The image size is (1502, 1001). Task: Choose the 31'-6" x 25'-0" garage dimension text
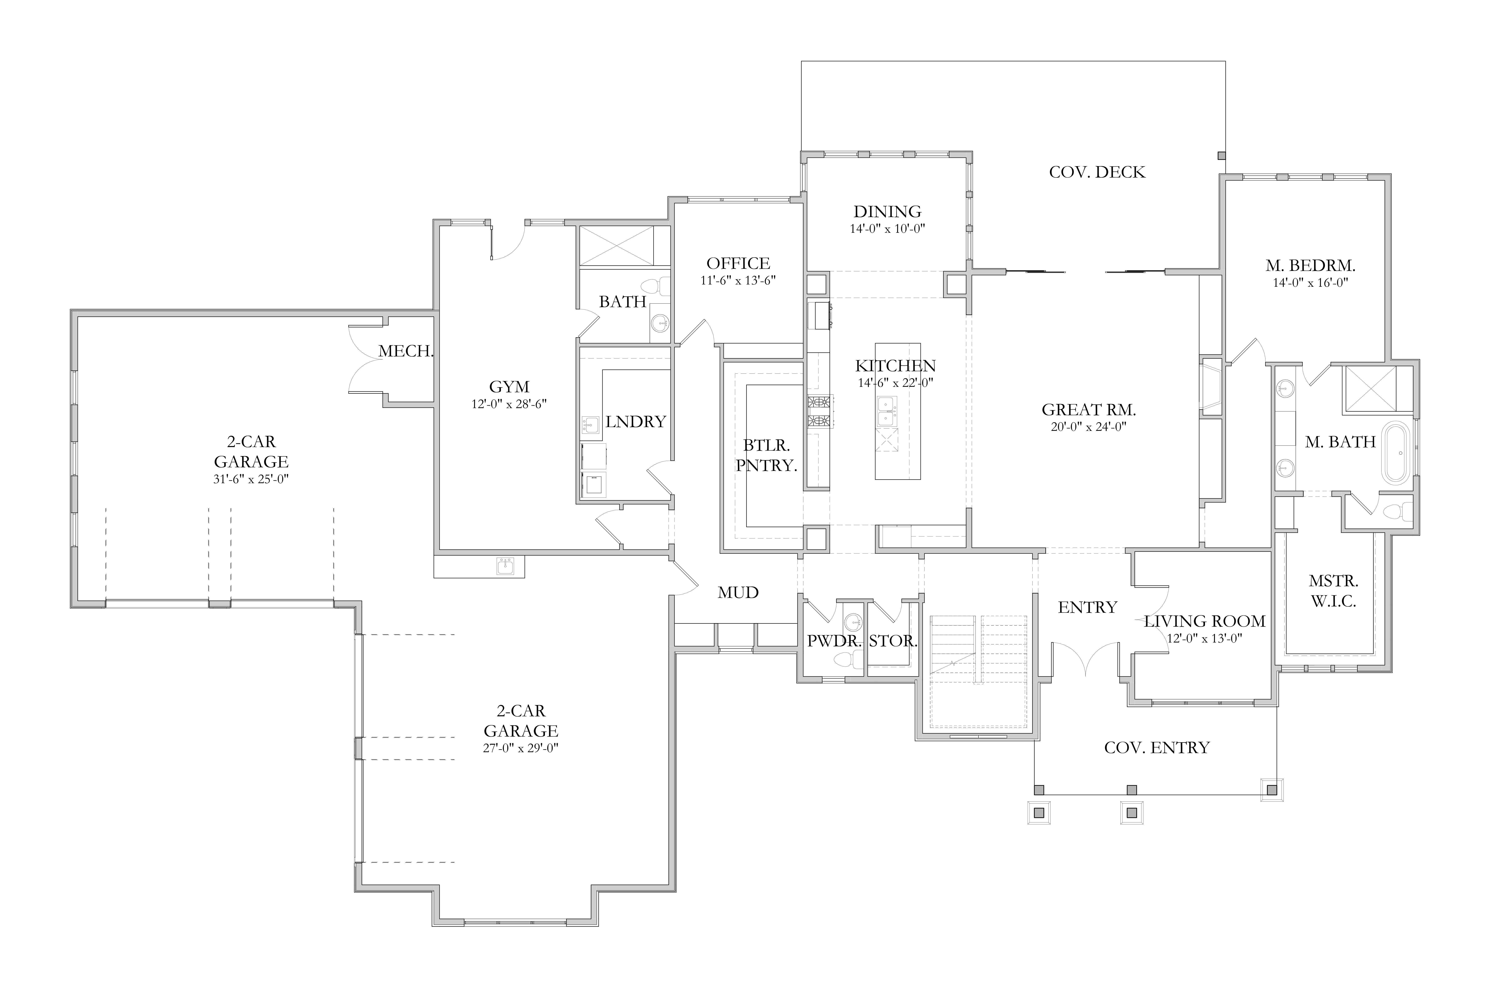coord(251,479)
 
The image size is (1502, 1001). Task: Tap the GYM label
coord(509,387)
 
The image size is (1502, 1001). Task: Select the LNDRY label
coord(635,421)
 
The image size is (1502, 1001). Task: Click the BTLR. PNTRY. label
coord(766,455)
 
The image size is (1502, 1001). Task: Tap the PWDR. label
coord(834,641)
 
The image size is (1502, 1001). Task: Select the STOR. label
coord(893,641)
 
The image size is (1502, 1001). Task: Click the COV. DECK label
coord(1097,172)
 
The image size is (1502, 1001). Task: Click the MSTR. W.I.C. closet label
coord(1333,591)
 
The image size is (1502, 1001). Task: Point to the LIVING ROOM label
coord(1204,621)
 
